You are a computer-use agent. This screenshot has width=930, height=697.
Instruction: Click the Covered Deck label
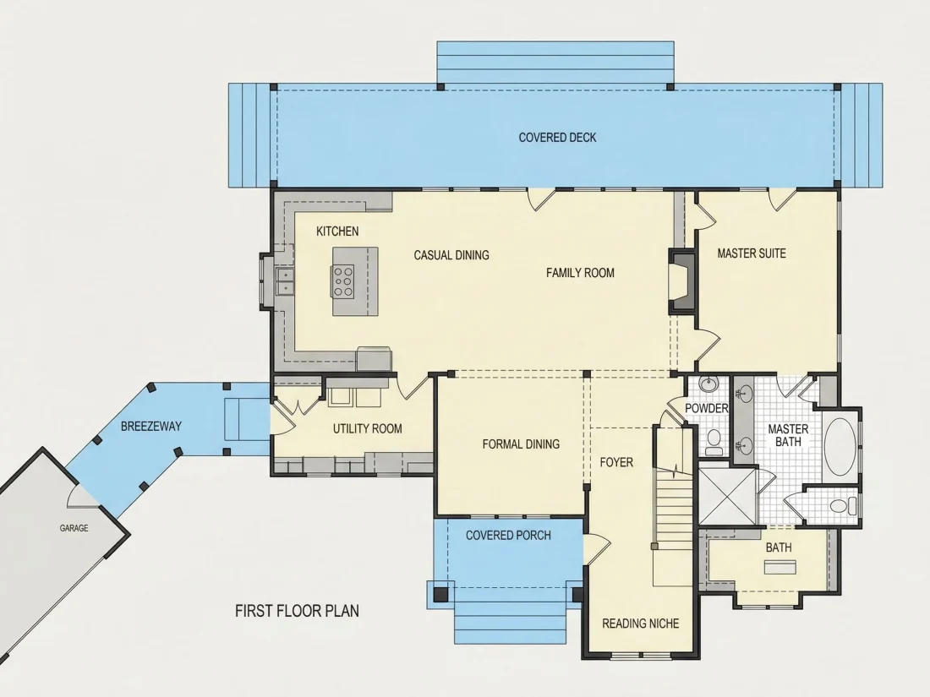(557, 138)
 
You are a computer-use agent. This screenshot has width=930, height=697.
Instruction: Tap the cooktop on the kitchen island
(343, 281)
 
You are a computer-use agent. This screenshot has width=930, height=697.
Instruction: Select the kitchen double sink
(285, 281)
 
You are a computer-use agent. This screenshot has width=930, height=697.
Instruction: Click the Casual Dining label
(451, 255)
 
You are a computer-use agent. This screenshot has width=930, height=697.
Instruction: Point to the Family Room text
(580, 273)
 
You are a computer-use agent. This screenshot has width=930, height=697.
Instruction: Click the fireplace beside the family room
(682, 281)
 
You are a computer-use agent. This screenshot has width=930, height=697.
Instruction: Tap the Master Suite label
(752, 253)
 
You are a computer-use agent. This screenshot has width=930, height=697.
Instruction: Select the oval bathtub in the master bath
(840, 447)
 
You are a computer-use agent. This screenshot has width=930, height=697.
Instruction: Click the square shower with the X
(728, 497)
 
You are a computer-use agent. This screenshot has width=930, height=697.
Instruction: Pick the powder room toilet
(714, 442)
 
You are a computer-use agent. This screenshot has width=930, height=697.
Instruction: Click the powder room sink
(708, 384)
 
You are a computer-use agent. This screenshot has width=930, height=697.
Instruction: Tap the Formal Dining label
(521, 444)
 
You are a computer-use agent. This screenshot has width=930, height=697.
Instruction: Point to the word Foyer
(616, 462)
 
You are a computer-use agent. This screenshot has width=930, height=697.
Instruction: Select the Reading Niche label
(641, 623)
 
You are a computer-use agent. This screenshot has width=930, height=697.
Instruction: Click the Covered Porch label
(508, 535)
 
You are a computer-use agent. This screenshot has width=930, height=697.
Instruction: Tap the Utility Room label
(367, 428)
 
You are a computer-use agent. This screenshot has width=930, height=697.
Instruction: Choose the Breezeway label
(151, 426)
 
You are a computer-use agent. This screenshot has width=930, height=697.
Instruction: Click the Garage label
(74, 528)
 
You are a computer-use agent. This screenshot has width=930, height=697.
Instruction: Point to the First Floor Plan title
(297, 611)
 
